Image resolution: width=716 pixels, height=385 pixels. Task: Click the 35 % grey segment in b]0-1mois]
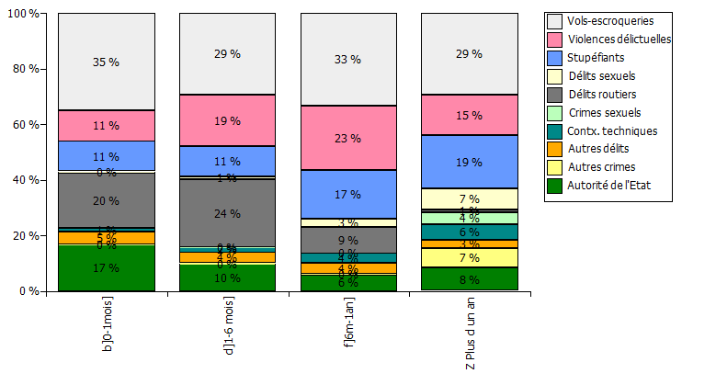106,62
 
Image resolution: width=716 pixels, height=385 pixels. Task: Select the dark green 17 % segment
106,268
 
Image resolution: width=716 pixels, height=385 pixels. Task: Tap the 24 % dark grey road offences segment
227,212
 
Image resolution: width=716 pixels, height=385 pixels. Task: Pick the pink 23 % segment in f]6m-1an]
348,138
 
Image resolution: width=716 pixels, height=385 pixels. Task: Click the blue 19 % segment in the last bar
469,161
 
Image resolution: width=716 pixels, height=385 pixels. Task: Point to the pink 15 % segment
469,115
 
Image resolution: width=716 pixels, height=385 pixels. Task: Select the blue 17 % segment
348,194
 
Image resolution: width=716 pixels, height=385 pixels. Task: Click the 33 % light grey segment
348,60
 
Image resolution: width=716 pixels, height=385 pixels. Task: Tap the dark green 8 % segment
469,278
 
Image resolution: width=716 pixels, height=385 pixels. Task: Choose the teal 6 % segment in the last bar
469,232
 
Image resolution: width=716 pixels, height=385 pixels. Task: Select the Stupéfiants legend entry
601,58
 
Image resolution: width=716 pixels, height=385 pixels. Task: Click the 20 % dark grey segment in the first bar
106,199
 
